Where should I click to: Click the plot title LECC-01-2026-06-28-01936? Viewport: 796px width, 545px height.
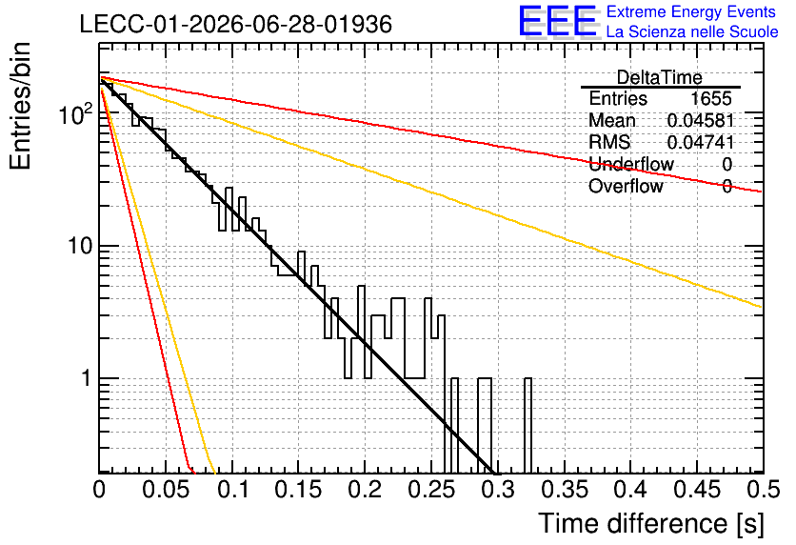point(236,24)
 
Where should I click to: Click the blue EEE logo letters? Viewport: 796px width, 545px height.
point(557,21)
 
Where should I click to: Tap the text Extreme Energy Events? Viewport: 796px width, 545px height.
point(691,11)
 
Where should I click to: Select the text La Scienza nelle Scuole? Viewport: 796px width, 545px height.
point(692,31)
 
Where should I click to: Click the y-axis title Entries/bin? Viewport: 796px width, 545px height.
point(20,106)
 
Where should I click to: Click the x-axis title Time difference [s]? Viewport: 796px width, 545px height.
point(651,523)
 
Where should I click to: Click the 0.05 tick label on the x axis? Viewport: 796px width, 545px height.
point(166,490)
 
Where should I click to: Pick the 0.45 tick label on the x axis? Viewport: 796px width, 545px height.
point(697,490)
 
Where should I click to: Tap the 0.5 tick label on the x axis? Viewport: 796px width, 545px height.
point(764,490)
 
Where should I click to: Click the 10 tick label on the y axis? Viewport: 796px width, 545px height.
point(80,246)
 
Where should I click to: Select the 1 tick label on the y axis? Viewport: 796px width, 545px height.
point(87,378)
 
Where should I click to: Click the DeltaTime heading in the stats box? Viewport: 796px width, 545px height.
point(660,77)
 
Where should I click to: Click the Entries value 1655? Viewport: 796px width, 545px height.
point(710,98)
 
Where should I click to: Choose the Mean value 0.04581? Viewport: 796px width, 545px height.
point(701,120)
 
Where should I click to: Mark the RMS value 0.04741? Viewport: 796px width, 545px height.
point(701,142)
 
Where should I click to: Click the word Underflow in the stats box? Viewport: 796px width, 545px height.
point(631,164)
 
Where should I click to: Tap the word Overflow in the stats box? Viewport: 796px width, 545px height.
point(626,186)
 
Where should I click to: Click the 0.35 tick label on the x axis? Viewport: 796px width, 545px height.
point(565,490)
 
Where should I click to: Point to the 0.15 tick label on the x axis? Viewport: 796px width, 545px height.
point(299,490)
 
